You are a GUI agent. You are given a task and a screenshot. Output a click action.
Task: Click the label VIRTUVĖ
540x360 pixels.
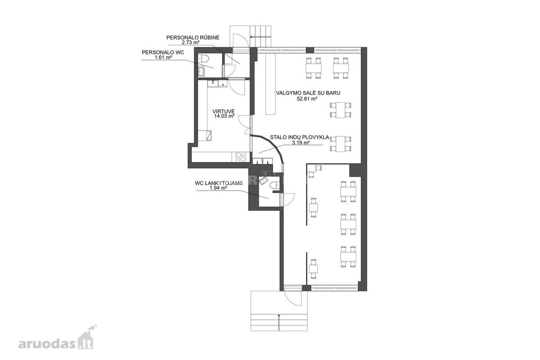pyautogui.click(x=224, y=112)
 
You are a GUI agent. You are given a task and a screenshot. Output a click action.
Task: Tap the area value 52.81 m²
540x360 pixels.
pyautogui.click(x=307, y=99)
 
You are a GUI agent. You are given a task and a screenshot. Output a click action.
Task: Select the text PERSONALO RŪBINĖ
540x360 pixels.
pyautogui.click(x=193, y=38)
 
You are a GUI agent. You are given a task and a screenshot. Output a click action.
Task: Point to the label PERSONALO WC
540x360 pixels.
pyautogui.click(x=163, y=52)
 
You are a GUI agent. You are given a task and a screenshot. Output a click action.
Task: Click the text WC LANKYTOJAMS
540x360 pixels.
pyautogui.click(x=219, y=183)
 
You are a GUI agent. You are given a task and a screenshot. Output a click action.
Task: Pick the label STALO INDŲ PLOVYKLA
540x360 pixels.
pyautogui.click(x=299, y=137)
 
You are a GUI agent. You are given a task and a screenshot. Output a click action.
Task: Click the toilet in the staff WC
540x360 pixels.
pyautogui.click(x=204, y=58)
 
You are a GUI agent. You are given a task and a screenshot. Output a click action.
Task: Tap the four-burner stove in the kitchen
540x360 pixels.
pyautogui.click(x=72, y=157)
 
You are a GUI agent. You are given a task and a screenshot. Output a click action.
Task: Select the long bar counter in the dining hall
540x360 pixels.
pyautogui.click(x=271, y=84)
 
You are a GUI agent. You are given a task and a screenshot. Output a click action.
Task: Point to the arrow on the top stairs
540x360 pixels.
pyautogui.click(x=261, y=37)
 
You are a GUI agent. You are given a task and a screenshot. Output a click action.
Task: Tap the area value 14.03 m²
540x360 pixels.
pyautogui.click(x=225, y=116)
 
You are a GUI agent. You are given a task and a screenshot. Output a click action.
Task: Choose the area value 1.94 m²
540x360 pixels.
pyautogui.click(x=219, y=188)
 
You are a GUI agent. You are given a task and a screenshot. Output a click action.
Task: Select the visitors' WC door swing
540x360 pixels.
pyautogui.click(x=288, y=200)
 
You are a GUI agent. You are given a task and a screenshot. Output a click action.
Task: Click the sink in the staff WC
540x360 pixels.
pyautogui.click(x=201, y=72)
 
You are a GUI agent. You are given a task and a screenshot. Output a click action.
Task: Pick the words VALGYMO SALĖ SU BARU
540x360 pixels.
pyautogui.click(x=308, y=93)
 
